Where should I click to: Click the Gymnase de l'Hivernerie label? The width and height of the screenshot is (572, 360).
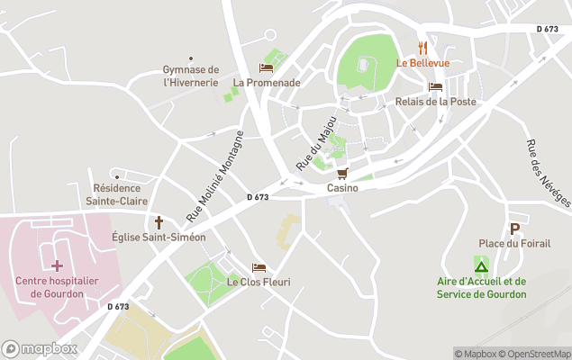coord(191,76)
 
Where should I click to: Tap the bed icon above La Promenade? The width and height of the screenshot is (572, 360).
coord(266,67)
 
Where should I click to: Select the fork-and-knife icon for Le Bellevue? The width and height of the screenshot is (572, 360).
coord(422,48)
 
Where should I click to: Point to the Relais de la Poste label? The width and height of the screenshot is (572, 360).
coord(435,102)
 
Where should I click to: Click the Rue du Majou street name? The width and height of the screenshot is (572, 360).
coord(316,144)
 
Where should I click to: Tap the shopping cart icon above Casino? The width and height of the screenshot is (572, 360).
coord(342,174)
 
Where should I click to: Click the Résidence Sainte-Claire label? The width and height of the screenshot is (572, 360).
coord(117,195)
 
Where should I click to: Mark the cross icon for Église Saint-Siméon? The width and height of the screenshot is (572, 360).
coord(159,221)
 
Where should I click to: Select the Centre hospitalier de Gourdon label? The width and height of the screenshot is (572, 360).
coord(57,287)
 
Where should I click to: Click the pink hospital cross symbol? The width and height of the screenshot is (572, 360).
coord(57,265)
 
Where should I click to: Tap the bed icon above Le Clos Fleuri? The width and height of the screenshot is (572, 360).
coord(259,267)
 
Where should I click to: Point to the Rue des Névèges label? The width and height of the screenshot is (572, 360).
coord(547,173)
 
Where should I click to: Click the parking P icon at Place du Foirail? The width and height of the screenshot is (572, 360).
coord(514,229)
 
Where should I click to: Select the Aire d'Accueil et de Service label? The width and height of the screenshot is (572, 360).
coord(482,287)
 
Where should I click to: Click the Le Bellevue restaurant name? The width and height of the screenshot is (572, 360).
coord(422,63)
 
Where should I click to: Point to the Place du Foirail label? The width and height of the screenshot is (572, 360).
coord(514,243)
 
